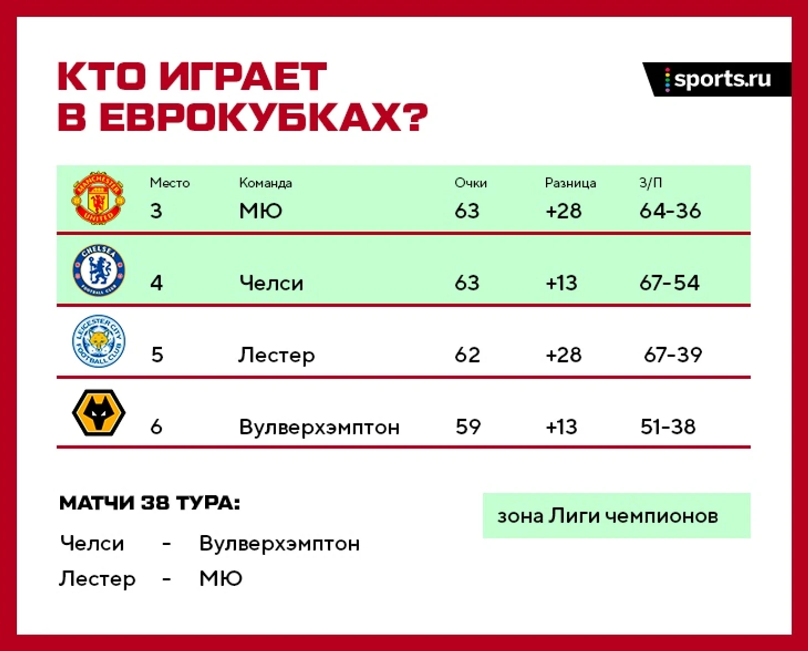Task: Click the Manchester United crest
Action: click(99, 198)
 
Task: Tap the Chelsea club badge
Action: click(99, 270)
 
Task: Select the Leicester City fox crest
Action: click(99, 341)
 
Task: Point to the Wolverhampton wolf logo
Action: click(99, 412)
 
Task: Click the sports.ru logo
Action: click(718, 80)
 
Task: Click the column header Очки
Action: click(470, 183)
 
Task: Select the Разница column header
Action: click(571, 183)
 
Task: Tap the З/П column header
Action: click(650, 183)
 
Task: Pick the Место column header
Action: click(170, 183)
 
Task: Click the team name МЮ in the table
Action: click(261, 211)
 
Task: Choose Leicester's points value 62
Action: click(468, 355)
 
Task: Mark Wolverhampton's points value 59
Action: click(468, 426)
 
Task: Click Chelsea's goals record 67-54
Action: click(670, 283)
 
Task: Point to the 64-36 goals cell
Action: click(670, 211)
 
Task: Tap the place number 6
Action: click(156, 427)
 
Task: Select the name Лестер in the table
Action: click(277, 355)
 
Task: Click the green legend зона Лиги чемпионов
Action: click(617, 516)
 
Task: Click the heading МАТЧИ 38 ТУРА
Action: click(150, 503)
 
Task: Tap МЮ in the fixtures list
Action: click(221, 578)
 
